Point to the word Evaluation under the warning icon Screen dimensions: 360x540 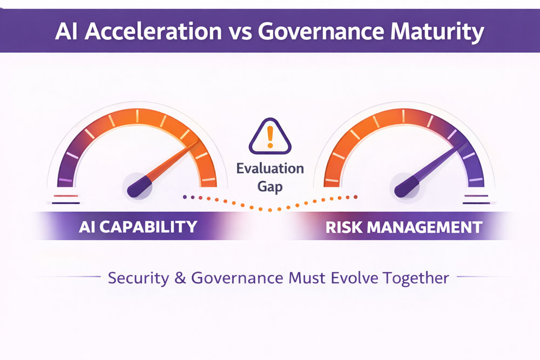tap(270, 169)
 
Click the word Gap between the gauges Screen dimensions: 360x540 tap(270, 187)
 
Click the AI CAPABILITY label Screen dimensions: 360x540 tap(138, 226)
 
